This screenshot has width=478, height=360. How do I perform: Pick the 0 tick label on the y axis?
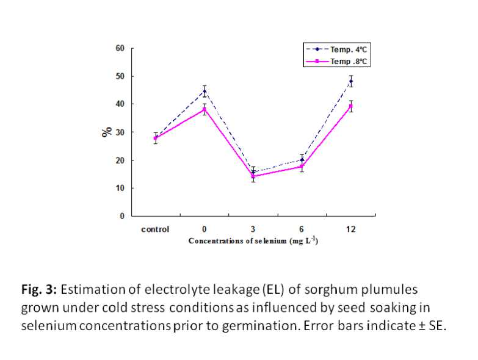point(122,216)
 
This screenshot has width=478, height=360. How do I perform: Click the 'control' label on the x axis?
point(155,229)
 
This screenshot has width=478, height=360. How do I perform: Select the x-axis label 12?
point(351,229)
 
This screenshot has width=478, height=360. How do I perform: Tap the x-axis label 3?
point(253,229)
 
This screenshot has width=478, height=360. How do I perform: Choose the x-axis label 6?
point(302,229)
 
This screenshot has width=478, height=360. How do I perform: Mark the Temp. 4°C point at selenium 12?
point(351,81)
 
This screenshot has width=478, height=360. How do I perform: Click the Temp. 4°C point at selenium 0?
point(205,91)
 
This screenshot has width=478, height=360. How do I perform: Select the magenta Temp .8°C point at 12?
point(351,106)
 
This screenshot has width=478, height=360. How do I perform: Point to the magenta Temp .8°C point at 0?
point(205,109)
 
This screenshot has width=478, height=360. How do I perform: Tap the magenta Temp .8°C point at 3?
point(253,176)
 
